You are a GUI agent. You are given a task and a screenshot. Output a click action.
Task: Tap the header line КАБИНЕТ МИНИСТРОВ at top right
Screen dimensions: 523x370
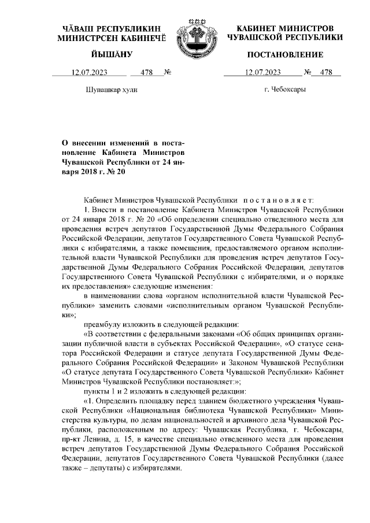[x=285, y=28]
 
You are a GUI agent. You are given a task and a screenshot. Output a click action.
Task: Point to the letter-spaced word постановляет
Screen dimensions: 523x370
[x=283, y=199]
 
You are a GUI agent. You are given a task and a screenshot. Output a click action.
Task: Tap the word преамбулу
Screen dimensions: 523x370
[x=103, y=324]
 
